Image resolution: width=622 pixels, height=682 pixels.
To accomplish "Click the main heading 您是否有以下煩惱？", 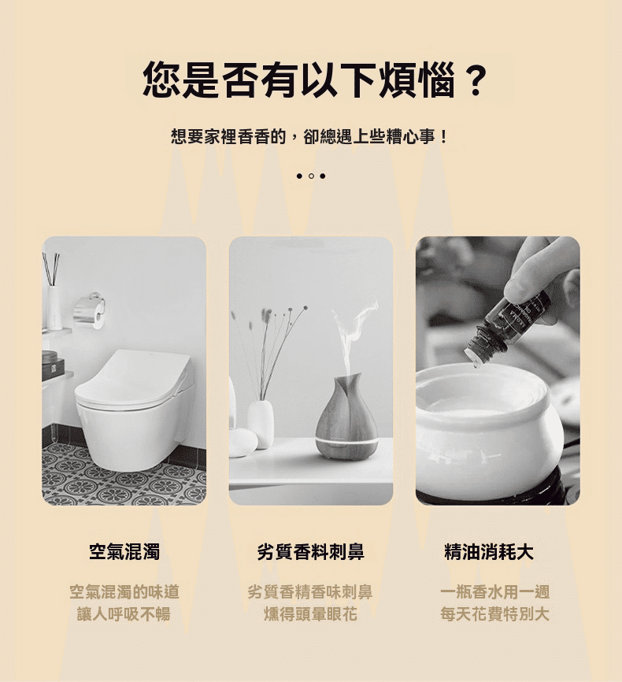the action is point(314,80).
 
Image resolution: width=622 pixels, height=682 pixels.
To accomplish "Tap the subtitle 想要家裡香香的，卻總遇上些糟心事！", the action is point(309,137).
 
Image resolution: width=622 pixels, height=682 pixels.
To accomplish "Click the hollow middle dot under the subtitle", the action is point(311,176).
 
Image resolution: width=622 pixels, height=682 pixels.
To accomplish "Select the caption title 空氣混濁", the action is point(124,552).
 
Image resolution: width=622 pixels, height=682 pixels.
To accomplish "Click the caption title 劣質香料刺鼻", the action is point(310,552).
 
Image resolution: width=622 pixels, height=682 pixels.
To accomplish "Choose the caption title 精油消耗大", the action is point(489,552).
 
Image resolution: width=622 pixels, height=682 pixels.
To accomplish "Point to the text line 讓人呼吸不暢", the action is point(124,614).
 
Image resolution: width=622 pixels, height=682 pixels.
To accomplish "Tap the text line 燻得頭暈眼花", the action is point(310,614).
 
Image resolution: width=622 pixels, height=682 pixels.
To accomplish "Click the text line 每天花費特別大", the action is point(494,614).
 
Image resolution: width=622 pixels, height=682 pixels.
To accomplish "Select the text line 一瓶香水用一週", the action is point(494,592).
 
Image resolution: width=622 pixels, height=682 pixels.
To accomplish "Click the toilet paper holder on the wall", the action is point(89,309).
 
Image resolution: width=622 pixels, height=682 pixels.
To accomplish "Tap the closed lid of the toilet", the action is point(132,377).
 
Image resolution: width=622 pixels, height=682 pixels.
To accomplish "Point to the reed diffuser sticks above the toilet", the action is point(51,269).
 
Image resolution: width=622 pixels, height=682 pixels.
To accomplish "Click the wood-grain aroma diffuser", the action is point(346,417).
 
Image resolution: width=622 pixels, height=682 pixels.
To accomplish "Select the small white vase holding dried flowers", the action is point(261,424).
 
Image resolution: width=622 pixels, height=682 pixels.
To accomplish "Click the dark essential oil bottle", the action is point(507,326).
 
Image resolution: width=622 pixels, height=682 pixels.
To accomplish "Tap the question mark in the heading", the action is point(476,80).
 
